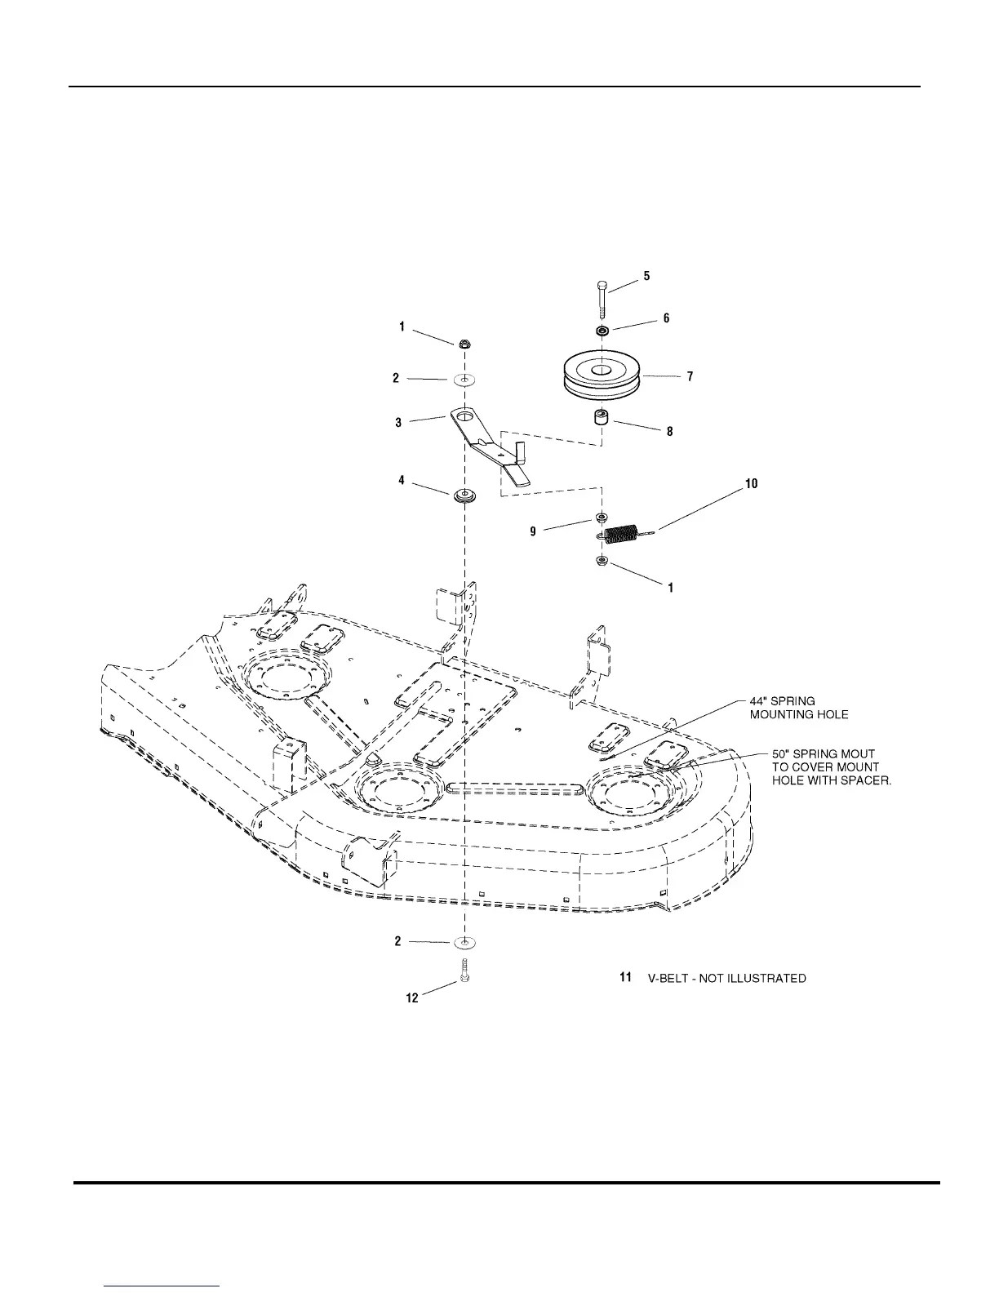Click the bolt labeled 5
602,300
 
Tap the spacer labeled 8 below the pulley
602,424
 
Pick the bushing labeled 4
465,495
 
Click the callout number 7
690,376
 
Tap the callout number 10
751,484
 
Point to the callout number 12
412,998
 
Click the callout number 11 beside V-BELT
626,977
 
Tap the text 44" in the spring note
759,701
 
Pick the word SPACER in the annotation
864,780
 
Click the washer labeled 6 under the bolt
602,331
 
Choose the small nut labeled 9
602,518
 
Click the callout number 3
398,423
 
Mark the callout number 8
670,431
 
